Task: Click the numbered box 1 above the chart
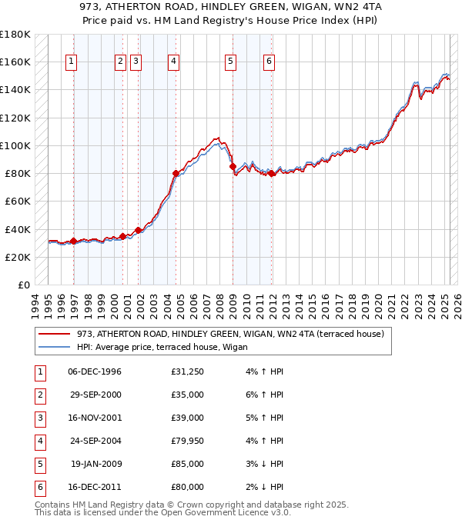coord(71,62)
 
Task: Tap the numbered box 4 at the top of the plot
coord(174,62)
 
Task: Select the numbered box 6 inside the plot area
coord(269,62)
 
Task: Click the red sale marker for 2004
coord(176,174)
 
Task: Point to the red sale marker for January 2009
coord(233,166)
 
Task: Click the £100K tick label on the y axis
coord(15,145)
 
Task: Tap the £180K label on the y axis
coord(15,35)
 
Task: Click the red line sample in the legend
coord(54,334)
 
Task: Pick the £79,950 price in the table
coord(188,441)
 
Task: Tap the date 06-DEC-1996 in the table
coord(95,371)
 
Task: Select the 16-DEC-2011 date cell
coord(95,487)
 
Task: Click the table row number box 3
coord(39,418)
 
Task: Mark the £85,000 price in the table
coord(188,464)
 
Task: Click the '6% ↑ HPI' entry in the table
coord(265,395)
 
